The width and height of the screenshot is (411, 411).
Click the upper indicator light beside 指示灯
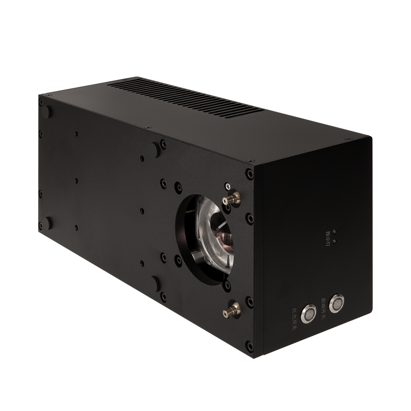coord(335,232)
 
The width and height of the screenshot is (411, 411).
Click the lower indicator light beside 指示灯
coord(334,240)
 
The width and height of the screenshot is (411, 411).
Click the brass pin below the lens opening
coord(231,310)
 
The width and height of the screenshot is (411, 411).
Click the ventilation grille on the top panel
coord(185,97)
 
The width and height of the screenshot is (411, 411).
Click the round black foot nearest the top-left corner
coord(47,112)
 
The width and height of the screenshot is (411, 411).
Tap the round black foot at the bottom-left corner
coord(48,223)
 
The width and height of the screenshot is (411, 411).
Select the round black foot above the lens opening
coord(156,150)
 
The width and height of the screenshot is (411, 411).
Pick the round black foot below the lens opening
coord(155,284)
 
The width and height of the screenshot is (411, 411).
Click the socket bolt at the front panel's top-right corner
coord(249,174)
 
